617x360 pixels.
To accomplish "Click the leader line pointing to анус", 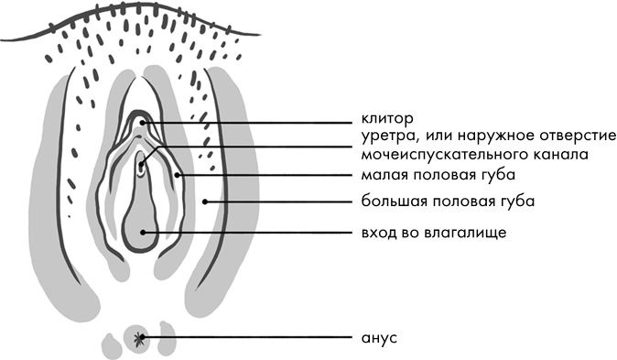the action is [x=247, y=338].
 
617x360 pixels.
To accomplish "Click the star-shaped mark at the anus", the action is [x=139, y=339].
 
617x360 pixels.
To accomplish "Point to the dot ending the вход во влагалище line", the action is [x=144, y=232].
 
